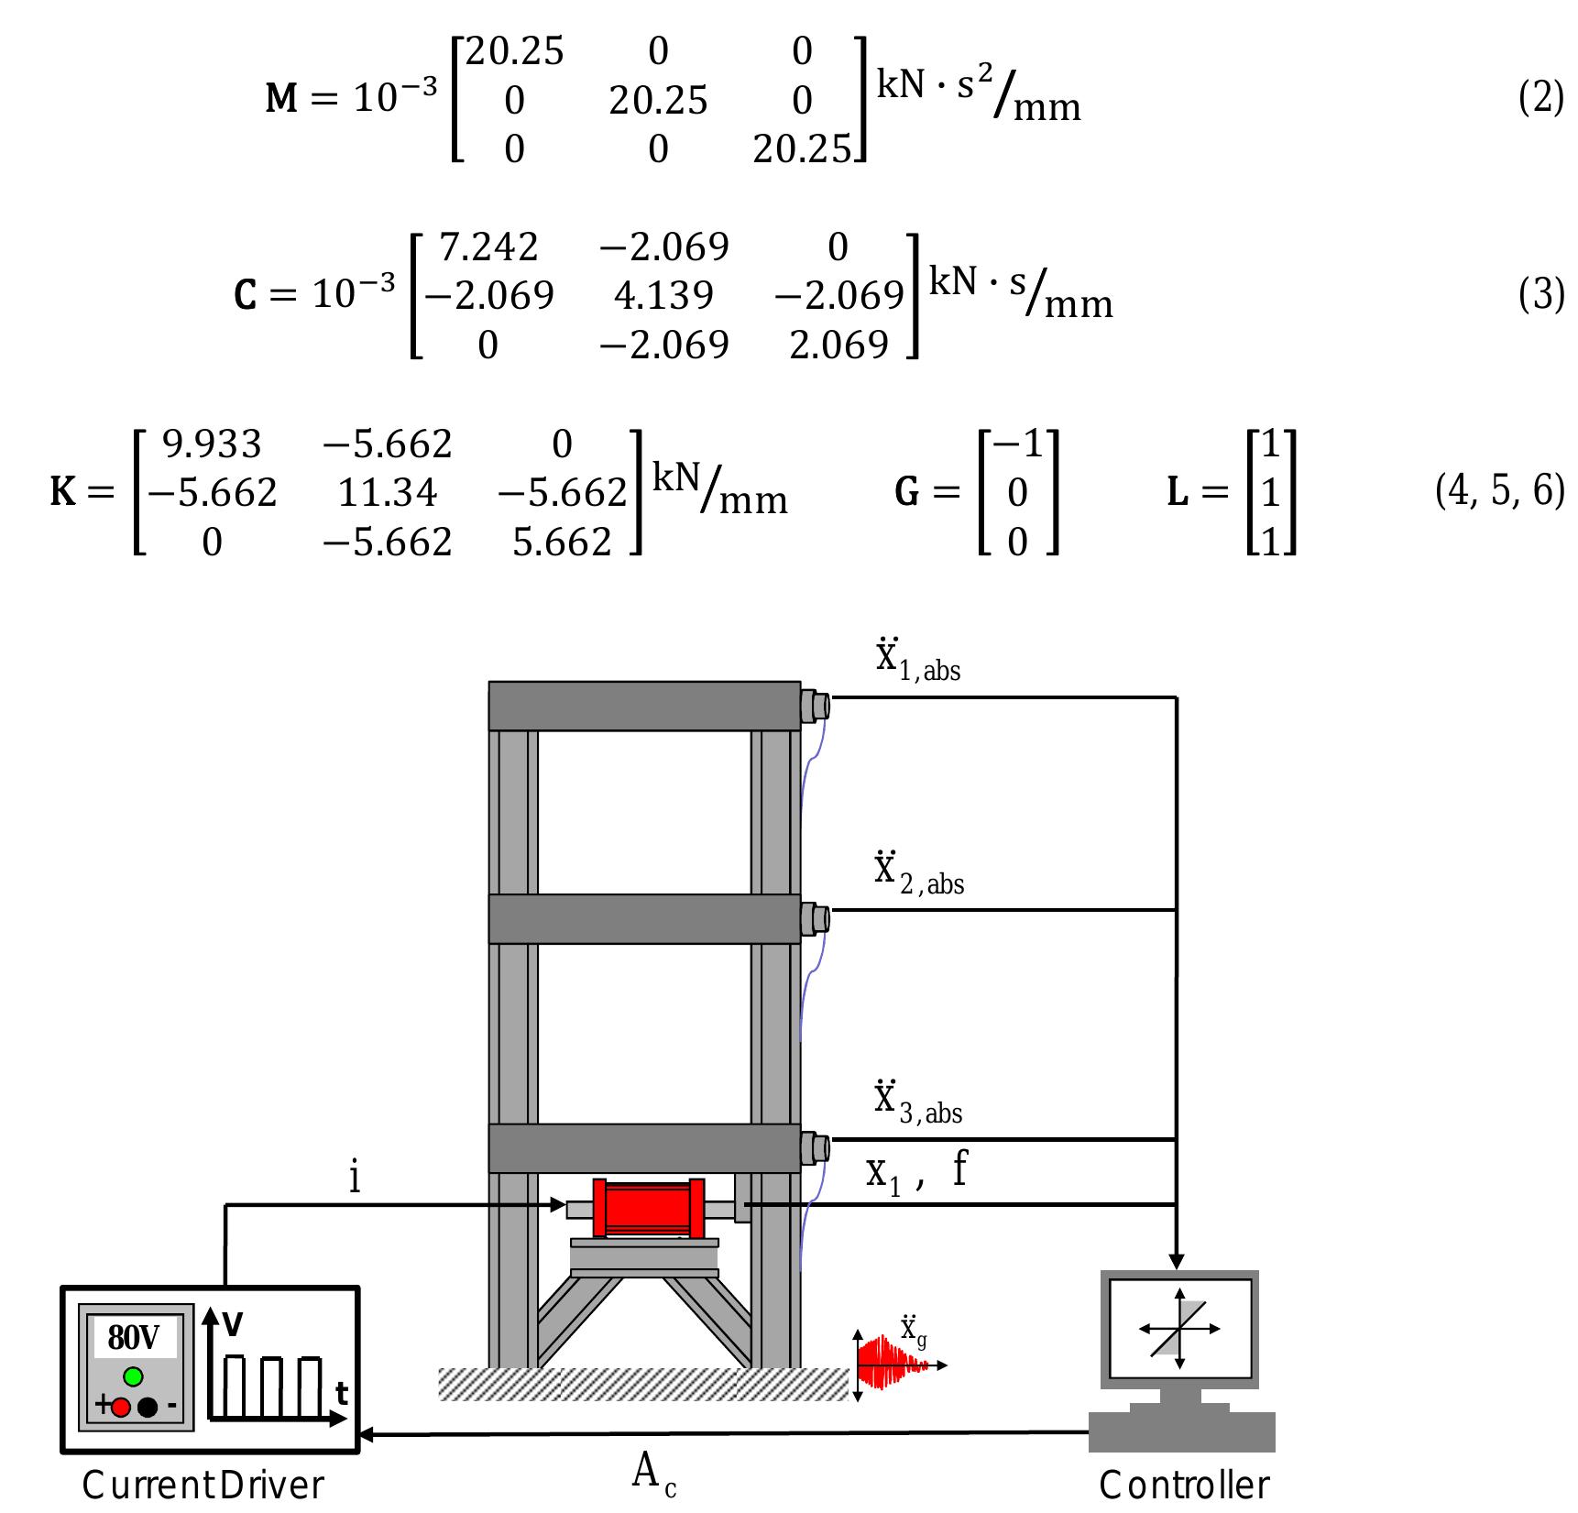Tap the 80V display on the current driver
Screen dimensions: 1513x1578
(135, 1338)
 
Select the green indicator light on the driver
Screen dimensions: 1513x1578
(134, 1376)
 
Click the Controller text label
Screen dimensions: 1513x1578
(1184, 1486)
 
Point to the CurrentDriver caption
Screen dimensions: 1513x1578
(203, 1486)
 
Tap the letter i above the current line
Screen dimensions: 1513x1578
(355, 1177)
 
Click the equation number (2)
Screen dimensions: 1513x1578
(1540, 97)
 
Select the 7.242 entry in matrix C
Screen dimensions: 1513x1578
(488, 247)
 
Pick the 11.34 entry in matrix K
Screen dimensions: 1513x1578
(388, 493)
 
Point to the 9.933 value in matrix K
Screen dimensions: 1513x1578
(212, 444)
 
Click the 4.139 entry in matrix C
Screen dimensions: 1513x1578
(663, 295)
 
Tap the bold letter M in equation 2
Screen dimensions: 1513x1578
(281, 99)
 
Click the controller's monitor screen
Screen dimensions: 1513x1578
(1180, 1329)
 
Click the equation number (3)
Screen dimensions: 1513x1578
(1540, 295)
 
